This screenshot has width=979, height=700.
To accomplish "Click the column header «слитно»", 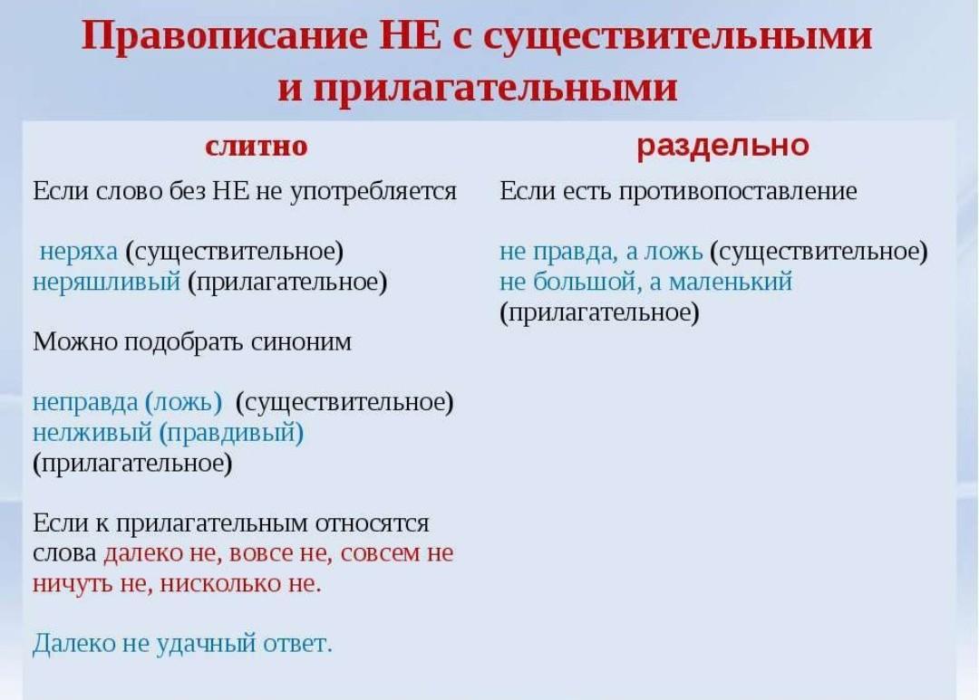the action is (x=256, y=146).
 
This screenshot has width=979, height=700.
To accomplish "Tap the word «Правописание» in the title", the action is (x=224, y=36).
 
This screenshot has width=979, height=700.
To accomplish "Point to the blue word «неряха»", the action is (x=79, y=252).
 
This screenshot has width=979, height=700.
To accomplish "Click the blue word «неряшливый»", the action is (x=106, y=282).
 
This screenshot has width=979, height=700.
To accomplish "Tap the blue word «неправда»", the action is (x=85, y=402).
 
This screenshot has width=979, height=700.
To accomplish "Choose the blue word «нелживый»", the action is (x=92, y=432).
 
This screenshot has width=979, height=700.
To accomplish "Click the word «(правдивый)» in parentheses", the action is (x=232, y=432).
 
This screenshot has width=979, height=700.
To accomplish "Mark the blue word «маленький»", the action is (x=731, y=282).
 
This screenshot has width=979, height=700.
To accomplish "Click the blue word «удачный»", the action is (x=206, y=643).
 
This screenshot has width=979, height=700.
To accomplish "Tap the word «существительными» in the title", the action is (x=677, y=37).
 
